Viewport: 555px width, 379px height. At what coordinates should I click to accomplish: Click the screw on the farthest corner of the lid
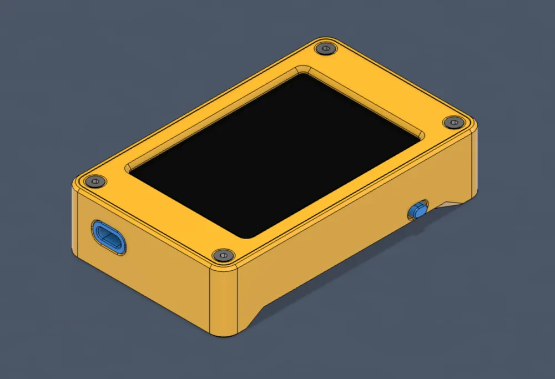point(325,49)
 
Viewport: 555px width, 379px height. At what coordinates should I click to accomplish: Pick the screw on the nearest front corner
point(223,255)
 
